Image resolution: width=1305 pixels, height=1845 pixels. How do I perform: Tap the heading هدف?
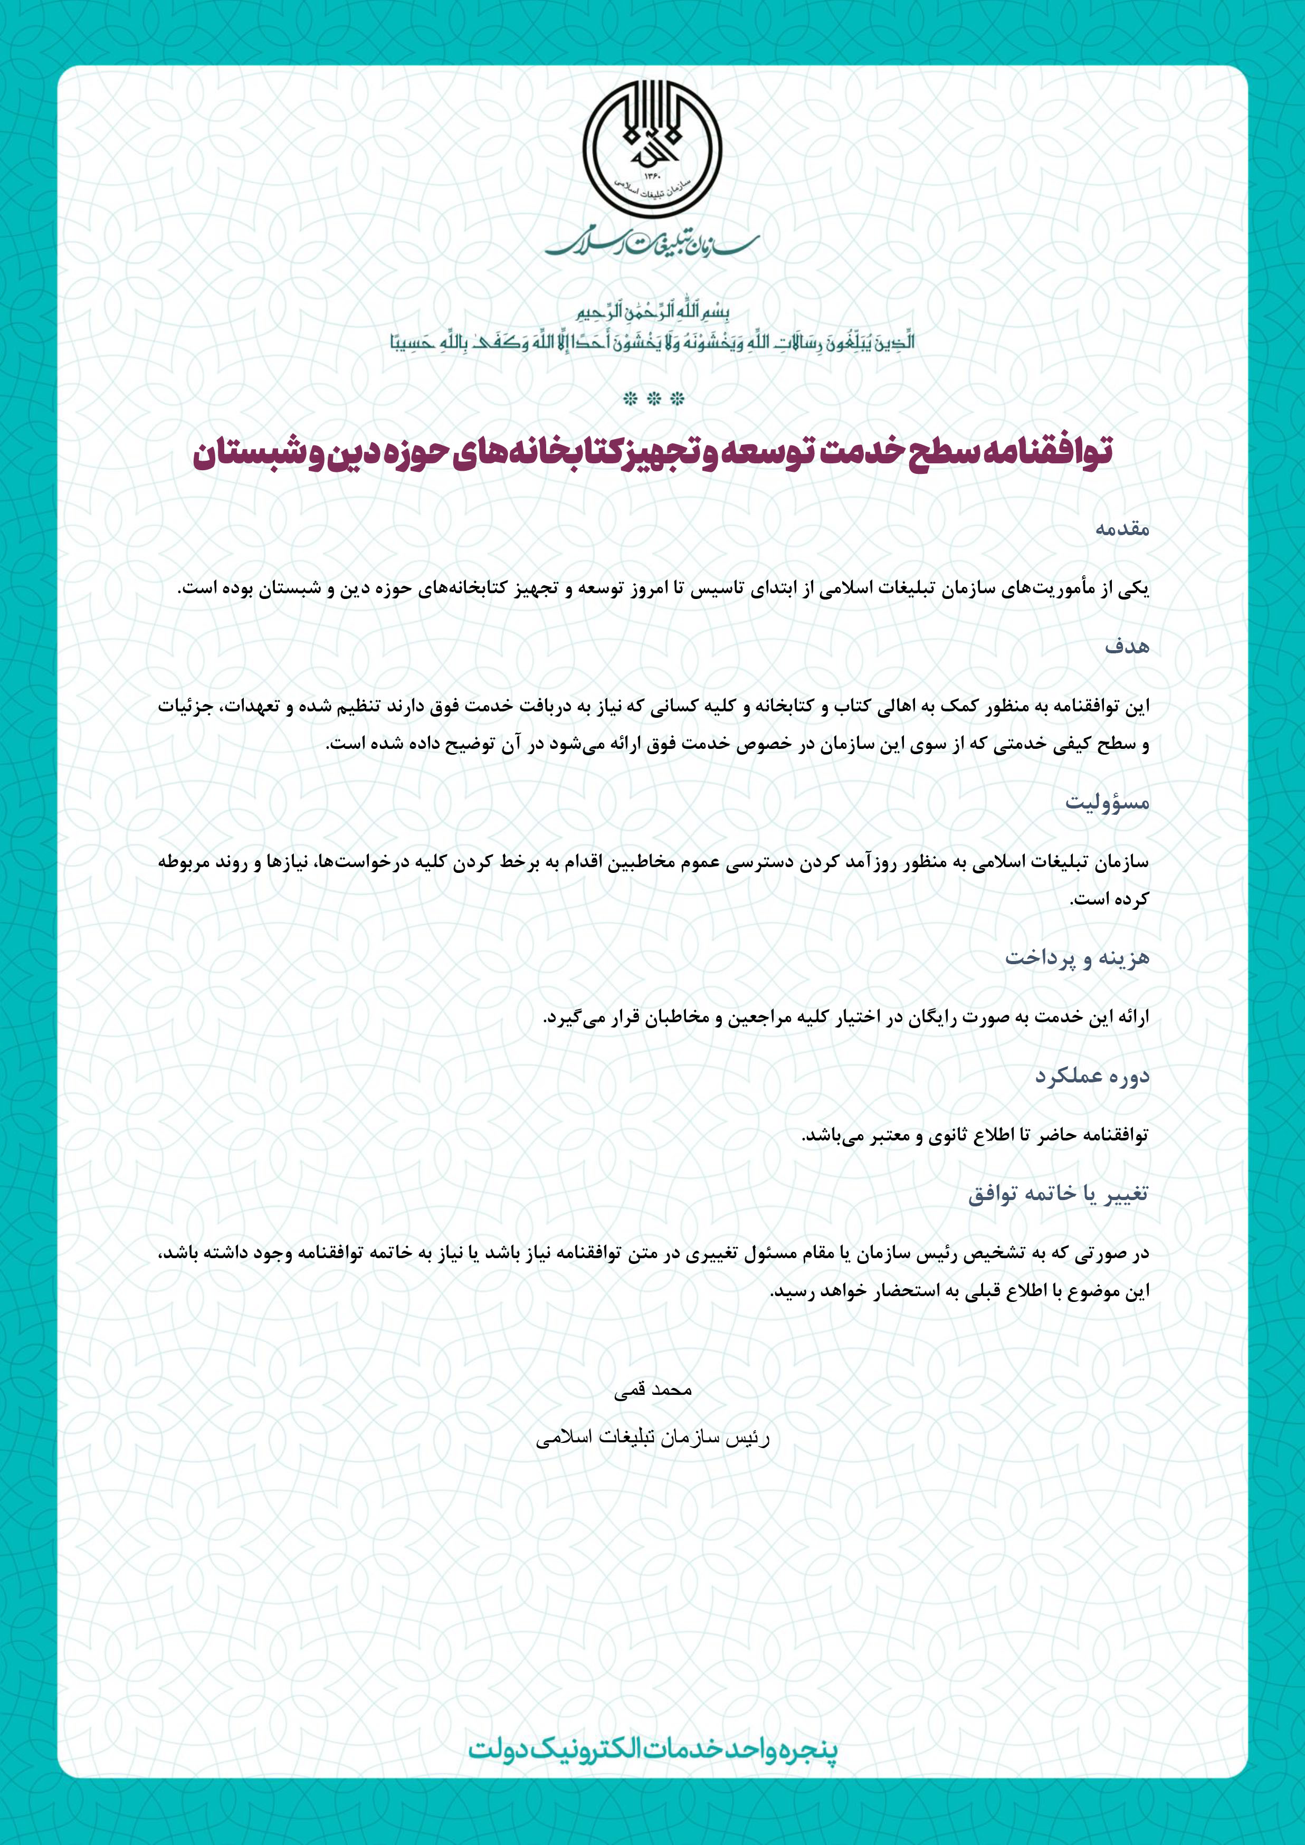1127,646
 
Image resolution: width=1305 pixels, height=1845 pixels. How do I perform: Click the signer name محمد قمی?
652,1390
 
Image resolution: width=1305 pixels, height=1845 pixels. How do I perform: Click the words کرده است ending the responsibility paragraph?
1109,900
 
